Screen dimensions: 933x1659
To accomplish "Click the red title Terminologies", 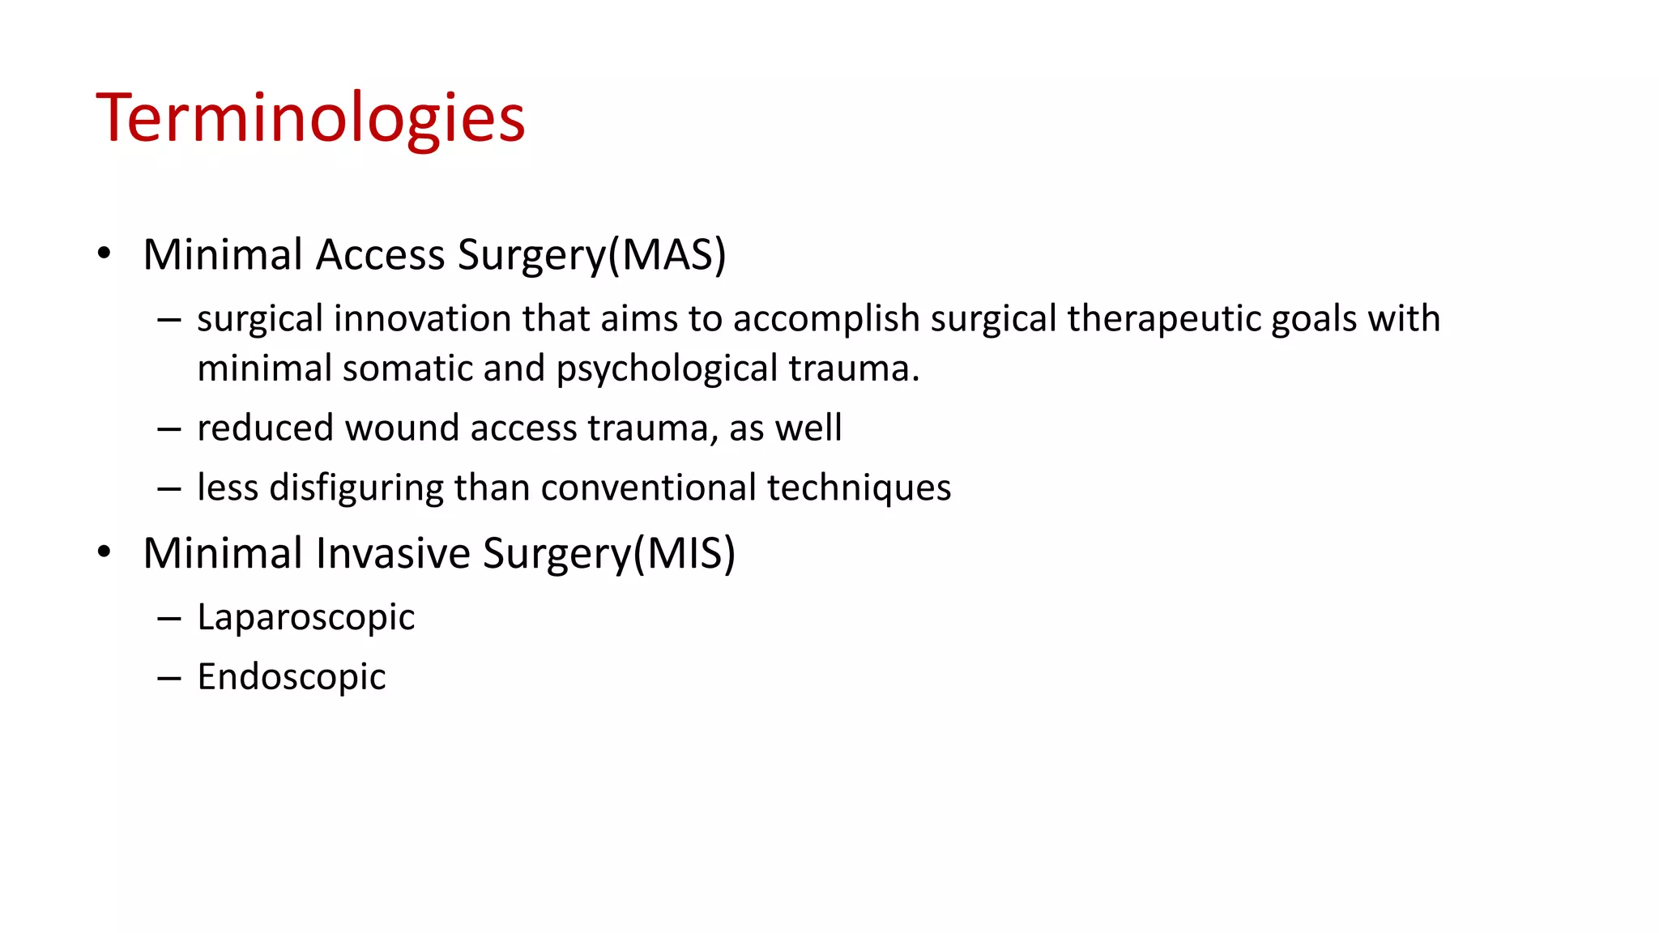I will pos(311,118).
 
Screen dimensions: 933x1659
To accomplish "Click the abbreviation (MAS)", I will pos(667,254).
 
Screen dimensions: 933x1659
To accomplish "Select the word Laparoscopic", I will pos(305,617).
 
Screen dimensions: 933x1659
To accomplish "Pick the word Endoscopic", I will pos(292,677).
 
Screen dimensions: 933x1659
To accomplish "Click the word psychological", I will pos(667,369).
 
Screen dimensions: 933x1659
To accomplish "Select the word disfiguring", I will pos(356,488).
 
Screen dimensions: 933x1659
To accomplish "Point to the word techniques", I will pos(859,488).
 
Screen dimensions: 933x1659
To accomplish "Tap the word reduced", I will pos(265,428).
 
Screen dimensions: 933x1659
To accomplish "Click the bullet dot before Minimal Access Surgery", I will pos(104,253).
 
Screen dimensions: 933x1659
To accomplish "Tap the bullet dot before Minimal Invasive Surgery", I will pos(104,552).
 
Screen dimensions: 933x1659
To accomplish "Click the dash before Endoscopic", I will pos(169,678).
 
